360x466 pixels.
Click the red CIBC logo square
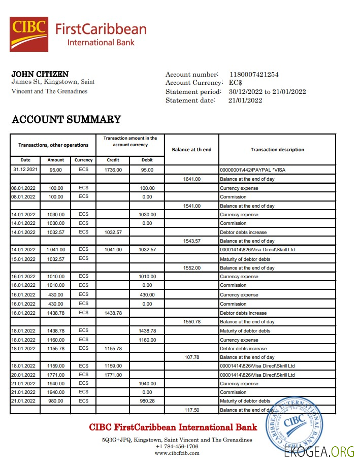click(x=29, y=34)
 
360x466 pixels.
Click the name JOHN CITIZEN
click(x=40, y=74)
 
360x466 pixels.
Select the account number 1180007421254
click(x=254, y=75)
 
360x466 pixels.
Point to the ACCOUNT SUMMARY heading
click(x=66, y=120)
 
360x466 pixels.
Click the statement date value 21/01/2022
click(x=245, y=101)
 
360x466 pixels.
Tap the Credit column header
click(x=113, y=160)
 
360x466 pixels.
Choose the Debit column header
click(x=147, y=160)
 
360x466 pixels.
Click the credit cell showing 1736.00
click(x=113, y=170)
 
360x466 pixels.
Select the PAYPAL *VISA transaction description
click(x=252, y=170)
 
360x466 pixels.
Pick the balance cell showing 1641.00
click(x=191, y=179)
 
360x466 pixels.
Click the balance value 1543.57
click(x=191, y=241)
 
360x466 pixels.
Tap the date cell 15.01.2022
click(x=25, y=259)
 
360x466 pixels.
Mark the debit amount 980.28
click(x=147, y=401)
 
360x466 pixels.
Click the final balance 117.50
click(x=191, y=410)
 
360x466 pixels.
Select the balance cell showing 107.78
click(x=191, y=357)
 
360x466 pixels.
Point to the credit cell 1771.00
click(x=113, y=375)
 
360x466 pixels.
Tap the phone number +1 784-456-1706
click(x=177, y=447)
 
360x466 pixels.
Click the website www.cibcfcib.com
click(x=177, y=453)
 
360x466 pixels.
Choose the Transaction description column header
click(x=277, y=150)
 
